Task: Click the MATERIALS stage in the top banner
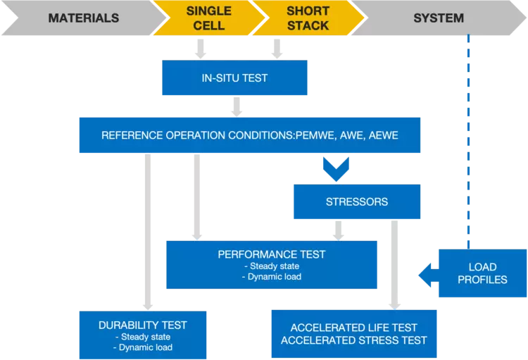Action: [83, 18]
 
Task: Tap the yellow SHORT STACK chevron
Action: [308, 18]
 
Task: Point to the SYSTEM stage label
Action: [439, 18]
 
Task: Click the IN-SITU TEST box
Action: [234, 77]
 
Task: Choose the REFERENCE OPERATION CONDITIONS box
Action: [249, 135]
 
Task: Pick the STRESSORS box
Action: [357, 201]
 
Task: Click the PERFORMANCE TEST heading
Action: [271, 254]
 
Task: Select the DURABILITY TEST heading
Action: [143, 325]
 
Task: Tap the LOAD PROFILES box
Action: [482, 273]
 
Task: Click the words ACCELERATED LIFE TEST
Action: [353, 328]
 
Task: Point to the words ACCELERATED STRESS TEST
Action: [353, 340]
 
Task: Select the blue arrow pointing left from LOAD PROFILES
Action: [426, 274]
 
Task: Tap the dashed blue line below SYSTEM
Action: [466, 141]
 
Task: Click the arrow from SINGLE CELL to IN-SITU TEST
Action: [201, 48]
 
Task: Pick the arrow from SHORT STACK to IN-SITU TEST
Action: [277, 48]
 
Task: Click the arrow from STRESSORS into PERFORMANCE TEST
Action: [339, 230]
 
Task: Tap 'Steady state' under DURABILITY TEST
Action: [143, 337]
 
